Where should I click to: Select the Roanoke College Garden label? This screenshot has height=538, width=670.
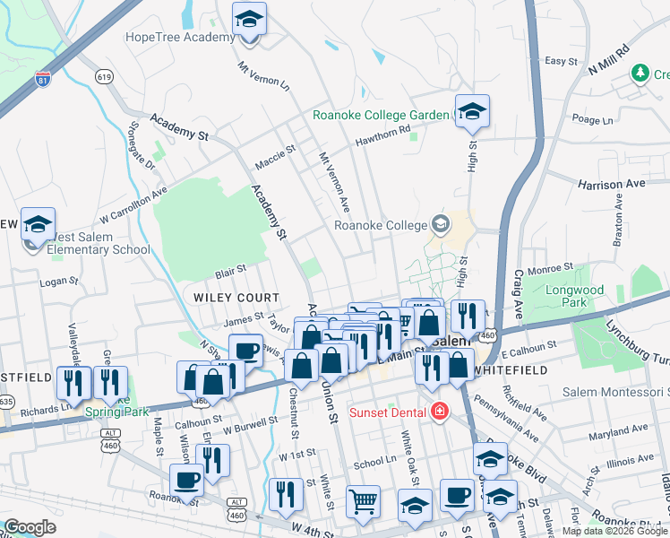point(380,115)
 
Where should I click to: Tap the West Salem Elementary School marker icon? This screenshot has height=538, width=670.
point(39,226)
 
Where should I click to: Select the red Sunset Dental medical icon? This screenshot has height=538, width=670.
point(439,412)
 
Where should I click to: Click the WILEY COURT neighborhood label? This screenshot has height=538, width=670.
point(231,297)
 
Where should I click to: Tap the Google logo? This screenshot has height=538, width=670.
point(30,527)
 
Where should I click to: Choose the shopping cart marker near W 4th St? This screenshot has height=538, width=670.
point(362,501)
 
